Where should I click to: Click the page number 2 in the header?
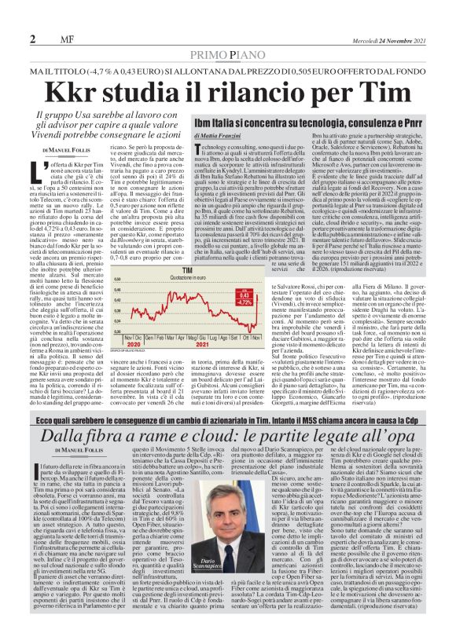[x=33, y=39]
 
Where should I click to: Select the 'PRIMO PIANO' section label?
[x=228, y=55]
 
